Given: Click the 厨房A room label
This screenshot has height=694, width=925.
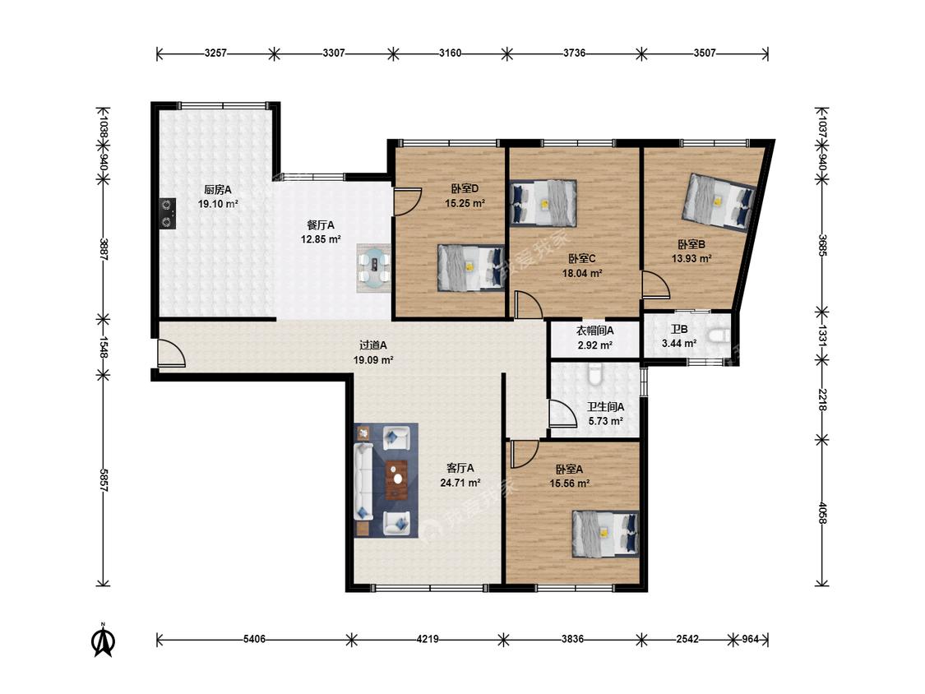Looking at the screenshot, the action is click(218, 190).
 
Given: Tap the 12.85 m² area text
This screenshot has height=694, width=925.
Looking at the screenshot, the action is click(321, 239).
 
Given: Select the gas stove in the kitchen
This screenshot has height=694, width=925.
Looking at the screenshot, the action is click(168, 213).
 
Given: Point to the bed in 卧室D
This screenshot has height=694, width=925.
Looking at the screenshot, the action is click(471, 268).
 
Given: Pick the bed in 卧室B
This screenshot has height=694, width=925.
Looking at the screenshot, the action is click(719, 201).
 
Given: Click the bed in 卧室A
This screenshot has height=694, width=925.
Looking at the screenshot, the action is click(606, 534).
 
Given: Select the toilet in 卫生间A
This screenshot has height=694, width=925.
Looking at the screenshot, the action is click(594, 373).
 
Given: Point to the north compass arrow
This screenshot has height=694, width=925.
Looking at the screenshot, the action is click(104, 641).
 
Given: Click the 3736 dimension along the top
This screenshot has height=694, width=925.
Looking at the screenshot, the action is click(574, 53).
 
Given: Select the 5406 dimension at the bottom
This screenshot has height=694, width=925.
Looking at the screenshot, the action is click(254, 639).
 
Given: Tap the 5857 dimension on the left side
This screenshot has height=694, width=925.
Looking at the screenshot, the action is click(104, 481).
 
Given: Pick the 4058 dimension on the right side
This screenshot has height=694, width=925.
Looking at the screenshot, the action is click(822, 511).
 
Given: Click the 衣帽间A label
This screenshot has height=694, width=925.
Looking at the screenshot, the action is click(594, 331).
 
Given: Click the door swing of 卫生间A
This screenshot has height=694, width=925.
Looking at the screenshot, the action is click(562, 414).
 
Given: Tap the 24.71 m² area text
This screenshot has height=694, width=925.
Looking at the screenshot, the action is click(460, 483).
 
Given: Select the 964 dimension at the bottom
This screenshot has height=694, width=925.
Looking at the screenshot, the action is click(750, 639).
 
